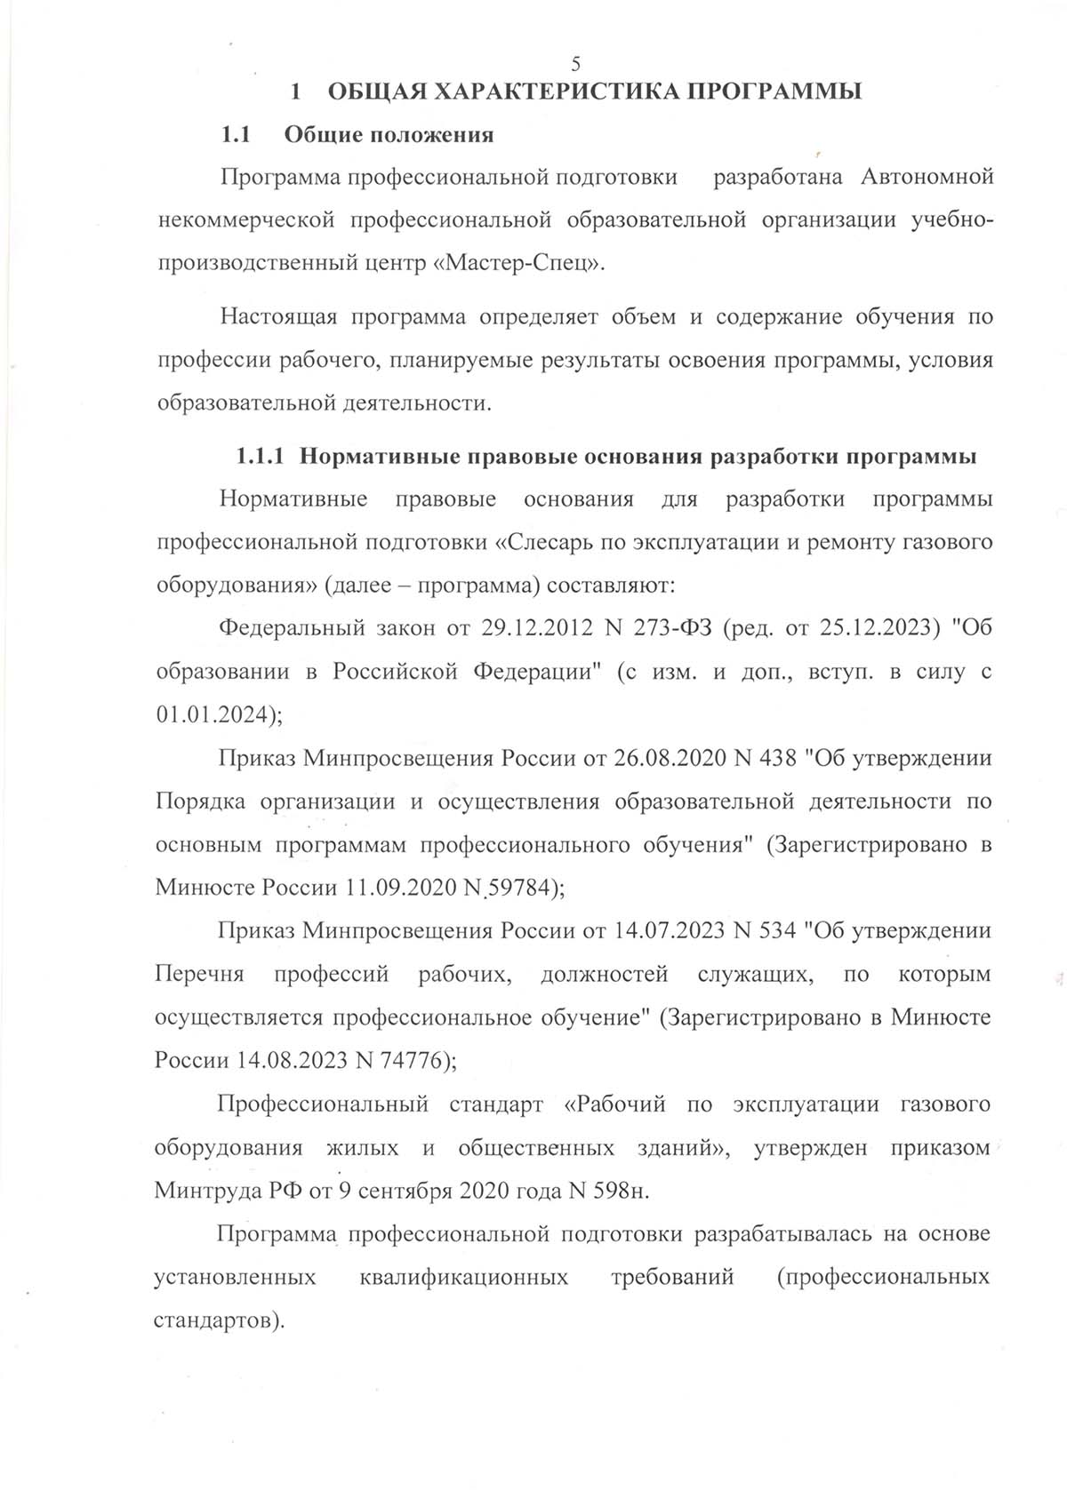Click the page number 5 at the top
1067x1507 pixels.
point(575,63)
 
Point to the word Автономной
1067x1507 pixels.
point(927,178)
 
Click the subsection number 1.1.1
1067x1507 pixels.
point(260,458)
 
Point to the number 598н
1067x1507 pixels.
point(620,1191)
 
